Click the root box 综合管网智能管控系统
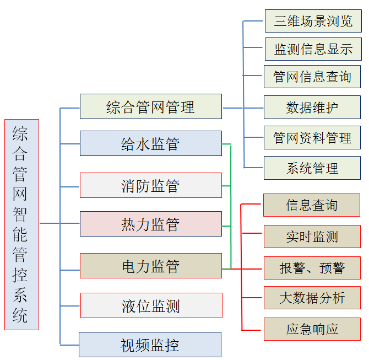click(21, 224)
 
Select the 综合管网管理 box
click(150, 106)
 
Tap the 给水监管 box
click(150, 143)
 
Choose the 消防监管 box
click(150, 185)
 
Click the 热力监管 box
click(150, 224)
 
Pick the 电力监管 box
click(150, 266)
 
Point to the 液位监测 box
click(151, 305)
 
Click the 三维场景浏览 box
click(312, 22)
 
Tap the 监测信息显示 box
click(312, 49)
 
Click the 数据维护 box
click(312, 107)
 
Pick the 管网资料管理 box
click(312, 137)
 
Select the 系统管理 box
click(312, 168)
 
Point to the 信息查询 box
click(312, 205)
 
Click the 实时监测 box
click(312, 237)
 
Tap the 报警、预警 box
click(312, 267)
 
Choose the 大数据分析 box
click(312, 298)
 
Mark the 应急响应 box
click(312, 329)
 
